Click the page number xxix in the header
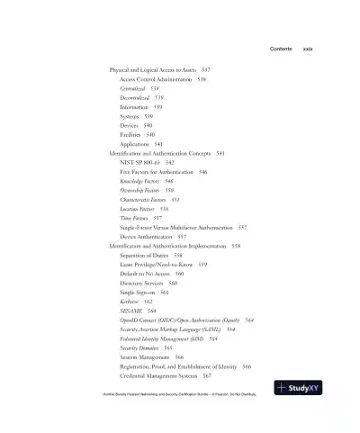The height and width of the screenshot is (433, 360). pyautogui.click(x=307, y=49)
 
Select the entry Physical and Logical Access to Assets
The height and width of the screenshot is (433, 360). pyautogui.click(x=159, y=69)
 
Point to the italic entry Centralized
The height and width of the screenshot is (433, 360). pyautogui.click(x=139, y=88)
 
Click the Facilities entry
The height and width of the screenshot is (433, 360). pyautogui.click(x=137, y=134)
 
